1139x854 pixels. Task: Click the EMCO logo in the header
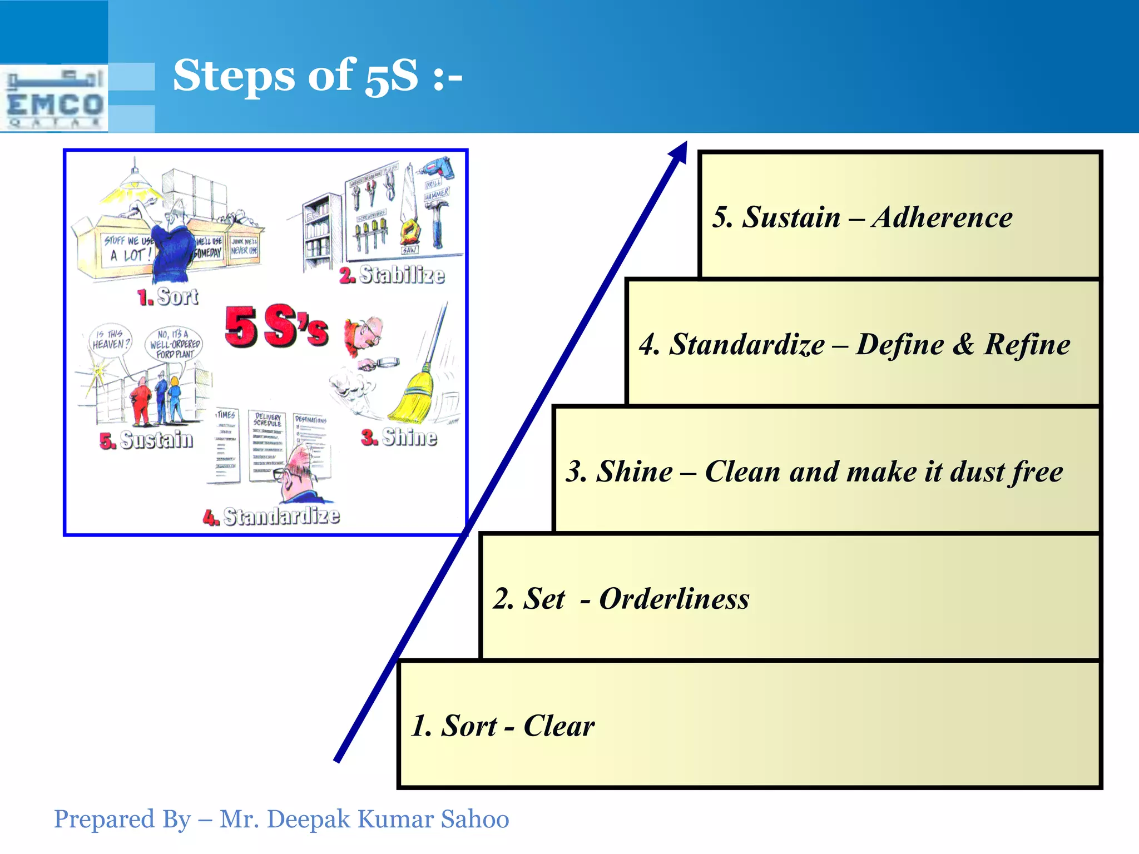tap(55, 99)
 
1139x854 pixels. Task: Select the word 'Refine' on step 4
tap(1027, 344)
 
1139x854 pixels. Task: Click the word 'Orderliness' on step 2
tap(674, 599)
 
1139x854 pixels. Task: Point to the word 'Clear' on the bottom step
tap(558, 726)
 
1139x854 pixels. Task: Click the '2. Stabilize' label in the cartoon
tap(392, 275)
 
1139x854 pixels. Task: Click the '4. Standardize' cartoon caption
tap(271, 516)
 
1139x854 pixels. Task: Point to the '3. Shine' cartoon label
tap(399, 437)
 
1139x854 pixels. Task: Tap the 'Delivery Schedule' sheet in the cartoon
tap(268, 445)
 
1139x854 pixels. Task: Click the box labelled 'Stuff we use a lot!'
tap(127, 250)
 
